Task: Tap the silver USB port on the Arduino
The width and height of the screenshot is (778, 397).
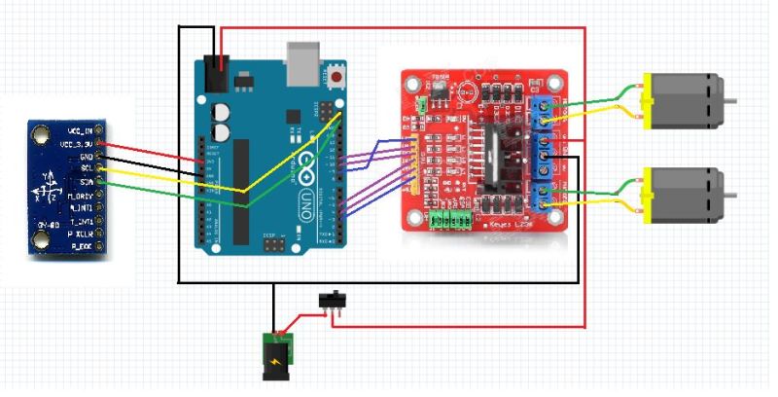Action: click(303, 61)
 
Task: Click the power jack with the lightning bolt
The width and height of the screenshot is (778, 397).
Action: click(277, 355)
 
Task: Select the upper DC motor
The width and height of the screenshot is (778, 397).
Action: click(685, 100)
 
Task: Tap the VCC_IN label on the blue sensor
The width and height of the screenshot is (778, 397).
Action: click(82, 130)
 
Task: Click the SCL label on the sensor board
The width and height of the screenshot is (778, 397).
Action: click(87, 169)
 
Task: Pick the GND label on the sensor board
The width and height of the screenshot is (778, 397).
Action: click(86, 157)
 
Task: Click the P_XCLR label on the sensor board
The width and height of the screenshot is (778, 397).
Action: click(81, 235)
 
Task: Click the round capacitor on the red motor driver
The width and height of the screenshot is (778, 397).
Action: click(468, 93)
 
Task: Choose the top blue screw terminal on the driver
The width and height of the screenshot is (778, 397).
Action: click(542, 111)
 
